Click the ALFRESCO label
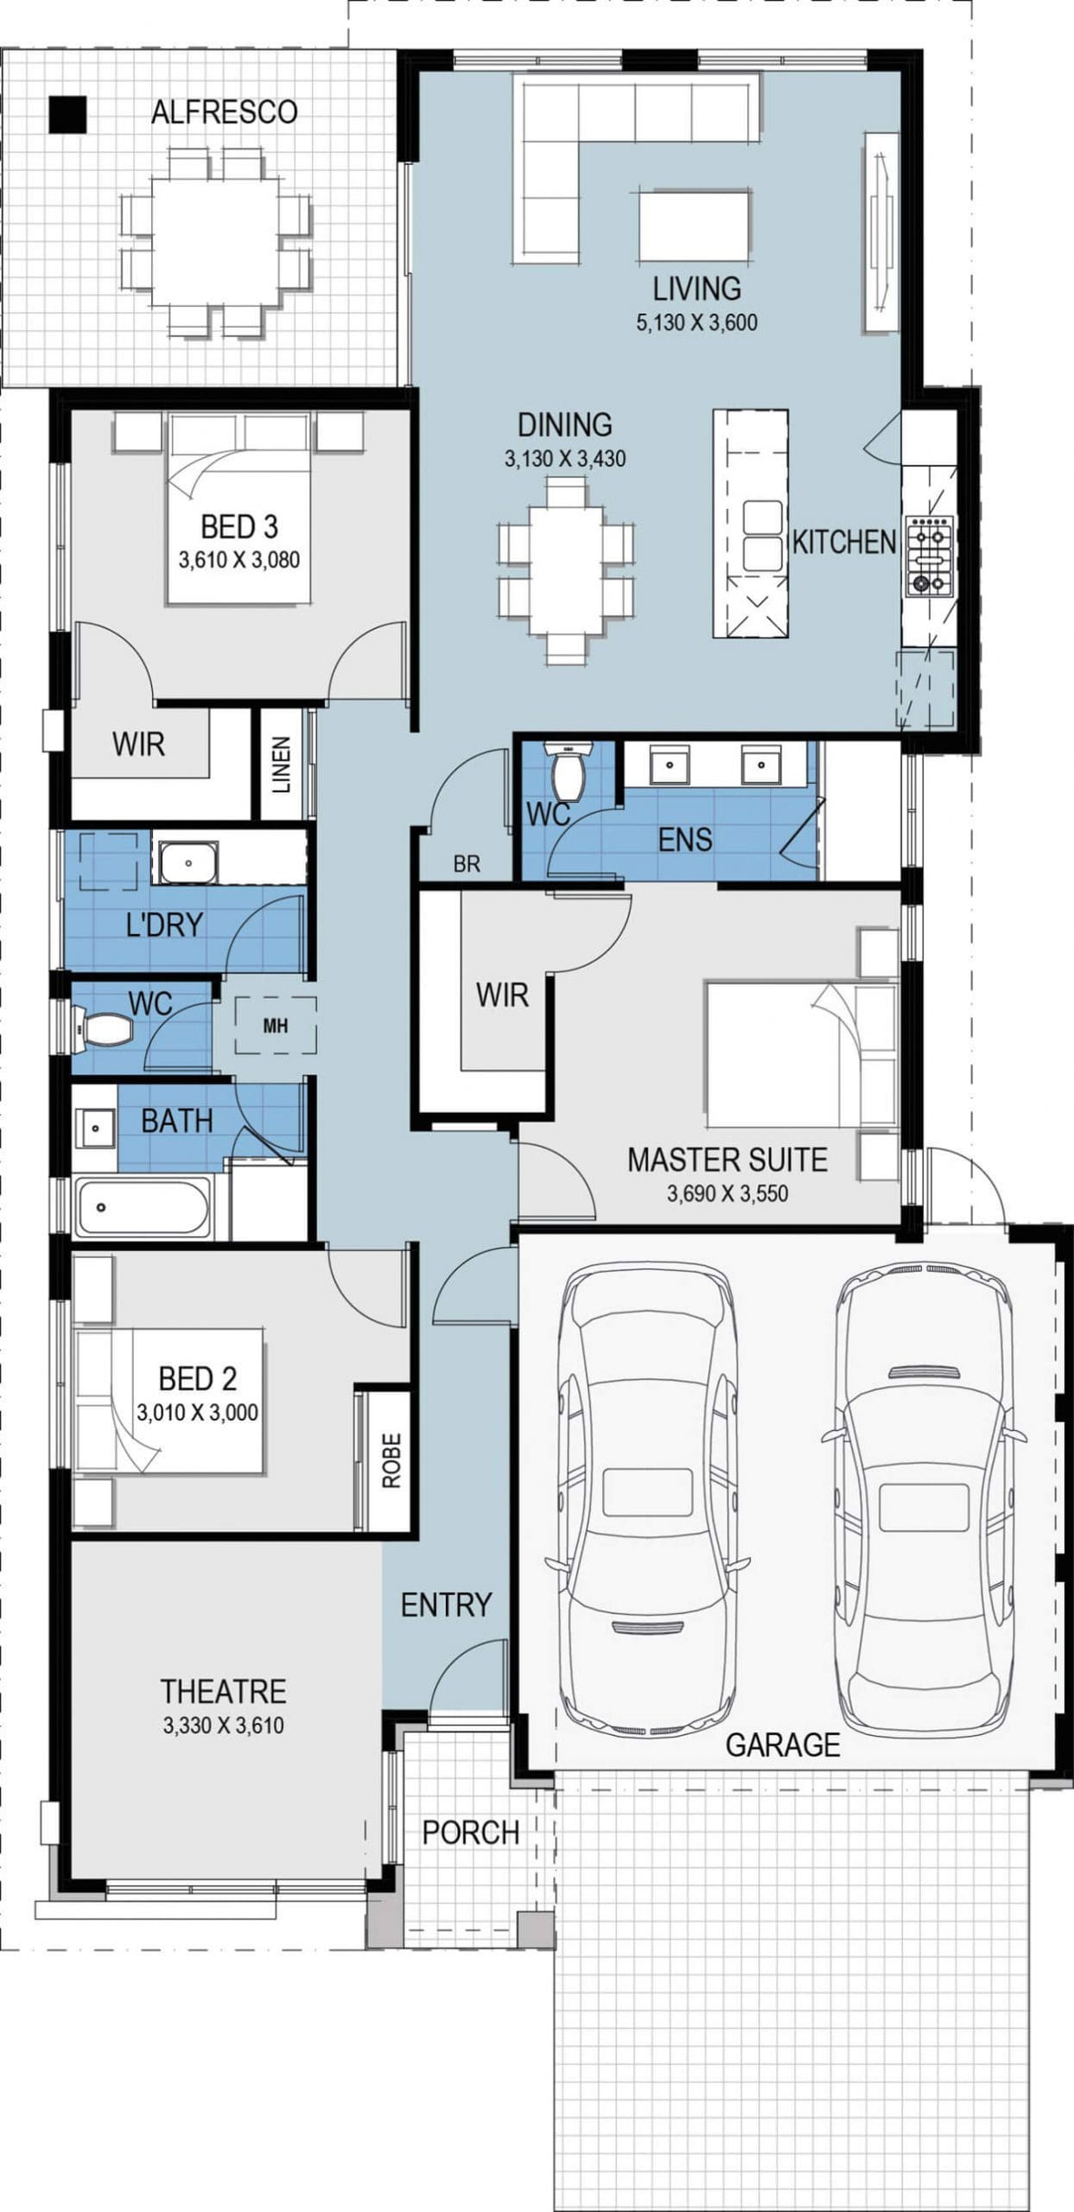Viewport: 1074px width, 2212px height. coord(224,112)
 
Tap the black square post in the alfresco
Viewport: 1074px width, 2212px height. coord(67,114)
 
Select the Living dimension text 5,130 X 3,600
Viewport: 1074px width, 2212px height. coord(696,323)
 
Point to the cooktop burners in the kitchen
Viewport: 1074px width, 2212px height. coord(929,556)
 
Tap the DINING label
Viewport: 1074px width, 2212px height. coord(564,425)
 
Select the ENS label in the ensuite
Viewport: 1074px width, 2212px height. coord(685,840)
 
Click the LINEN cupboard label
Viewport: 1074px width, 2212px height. coord(282,765)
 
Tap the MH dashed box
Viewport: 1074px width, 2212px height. coord(276,1026)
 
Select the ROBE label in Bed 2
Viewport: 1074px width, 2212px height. coord(391,1460)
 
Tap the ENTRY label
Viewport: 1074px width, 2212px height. coord(446,1605)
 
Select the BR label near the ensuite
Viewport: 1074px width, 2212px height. coord(467,864)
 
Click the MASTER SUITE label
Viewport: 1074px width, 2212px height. coord(727,1160)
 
